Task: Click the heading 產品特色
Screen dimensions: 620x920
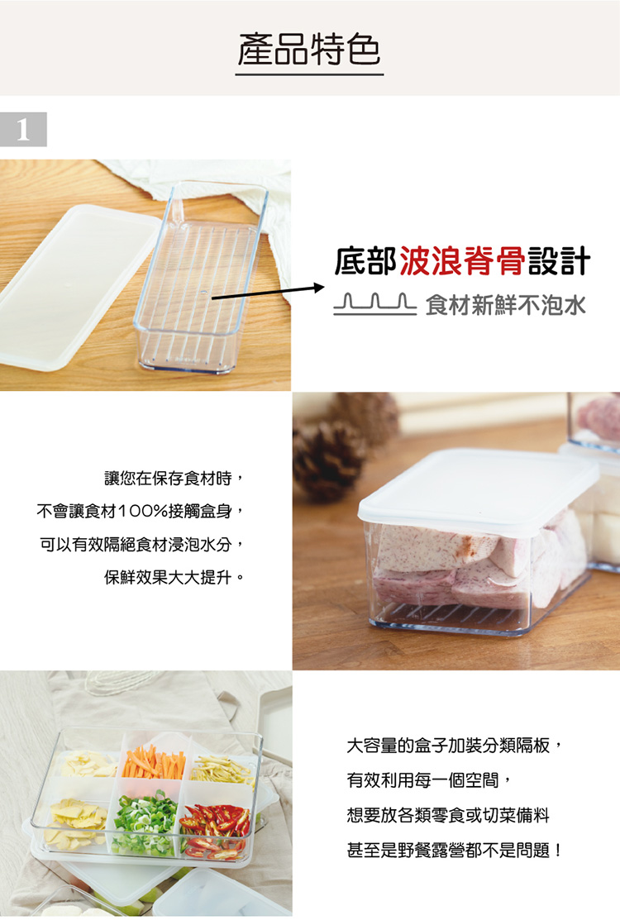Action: click(x=309, y=50)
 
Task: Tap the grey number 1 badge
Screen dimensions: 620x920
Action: click(x=23, y=129)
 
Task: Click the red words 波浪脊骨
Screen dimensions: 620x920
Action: click(x=462, y=261)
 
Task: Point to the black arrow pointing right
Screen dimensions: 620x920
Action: click(x=268, y=293)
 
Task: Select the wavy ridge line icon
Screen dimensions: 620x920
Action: click(x=374, y=304)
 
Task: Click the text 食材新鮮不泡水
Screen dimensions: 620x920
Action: click(x=506, y=305)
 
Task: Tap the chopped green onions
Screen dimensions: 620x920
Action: click(x=145, y=822)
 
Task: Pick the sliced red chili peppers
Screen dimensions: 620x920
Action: click(x=215, y=827)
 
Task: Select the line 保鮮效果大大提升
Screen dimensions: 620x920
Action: click(x=174, y=578)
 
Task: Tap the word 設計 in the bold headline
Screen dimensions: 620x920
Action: click(x=559, y=261)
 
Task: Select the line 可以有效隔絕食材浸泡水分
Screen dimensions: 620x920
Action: click(x=141, y=545)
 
